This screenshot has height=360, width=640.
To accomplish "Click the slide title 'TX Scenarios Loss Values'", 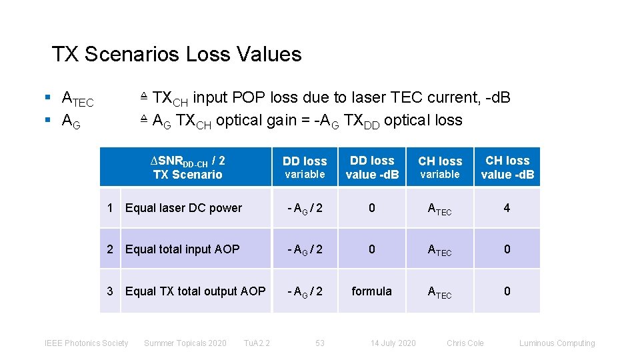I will point(177,54).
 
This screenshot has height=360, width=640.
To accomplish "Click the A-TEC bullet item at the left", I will point(77,99).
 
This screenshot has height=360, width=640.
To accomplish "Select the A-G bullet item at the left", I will point(71,121).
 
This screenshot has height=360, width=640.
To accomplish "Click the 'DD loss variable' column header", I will point(305,167).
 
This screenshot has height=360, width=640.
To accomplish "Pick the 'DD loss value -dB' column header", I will point(372,167).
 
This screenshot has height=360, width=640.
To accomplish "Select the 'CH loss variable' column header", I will point(440,167).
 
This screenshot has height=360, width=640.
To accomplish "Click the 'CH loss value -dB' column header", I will point(507,167).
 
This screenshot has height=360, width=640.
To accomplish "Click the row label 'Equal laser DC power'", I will point(183,208).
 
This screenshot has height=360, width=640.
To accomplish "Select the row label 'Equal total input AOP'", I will point(182,249).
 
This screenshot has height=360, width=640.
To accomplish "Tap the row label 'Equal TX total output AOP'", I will point(195,291).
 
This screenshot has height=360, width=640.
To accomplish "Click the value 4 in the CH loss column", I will point(507,208).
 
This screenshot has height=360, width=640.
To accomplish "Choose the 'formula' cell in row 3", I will point(372,291).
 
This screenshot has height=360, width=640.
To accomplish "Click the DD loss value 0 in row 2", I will point(372,249).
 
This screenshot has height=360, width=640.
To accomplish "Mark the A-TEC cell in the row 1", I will point(439,209).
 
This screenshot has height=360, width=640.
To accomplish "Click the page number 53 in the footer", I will point(320,343).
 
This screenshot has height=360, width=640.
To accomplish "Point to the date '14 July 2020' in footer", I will point(393,343).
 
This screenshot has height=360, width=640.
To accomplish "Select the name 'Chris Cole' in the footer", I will point(465,343).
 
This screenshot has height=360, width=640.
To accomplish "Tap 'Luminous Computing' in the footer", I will point(557,343).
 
